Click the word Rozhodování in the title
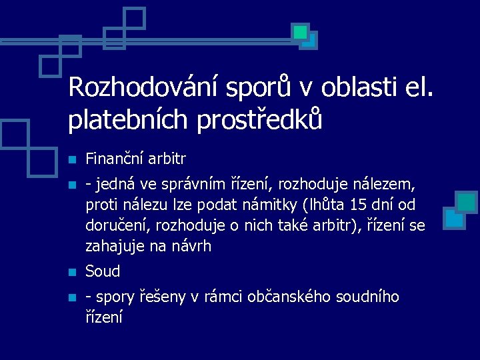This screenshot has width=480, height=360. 145,87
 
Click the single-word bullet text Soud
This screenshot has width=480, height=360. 103,271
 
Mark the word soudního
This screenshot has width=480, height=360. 366,297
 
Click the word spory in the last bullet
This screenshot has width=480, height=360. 115,297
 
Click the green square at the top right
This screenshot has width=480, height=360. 300,31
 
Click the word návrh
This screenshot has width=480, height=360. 192,247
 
